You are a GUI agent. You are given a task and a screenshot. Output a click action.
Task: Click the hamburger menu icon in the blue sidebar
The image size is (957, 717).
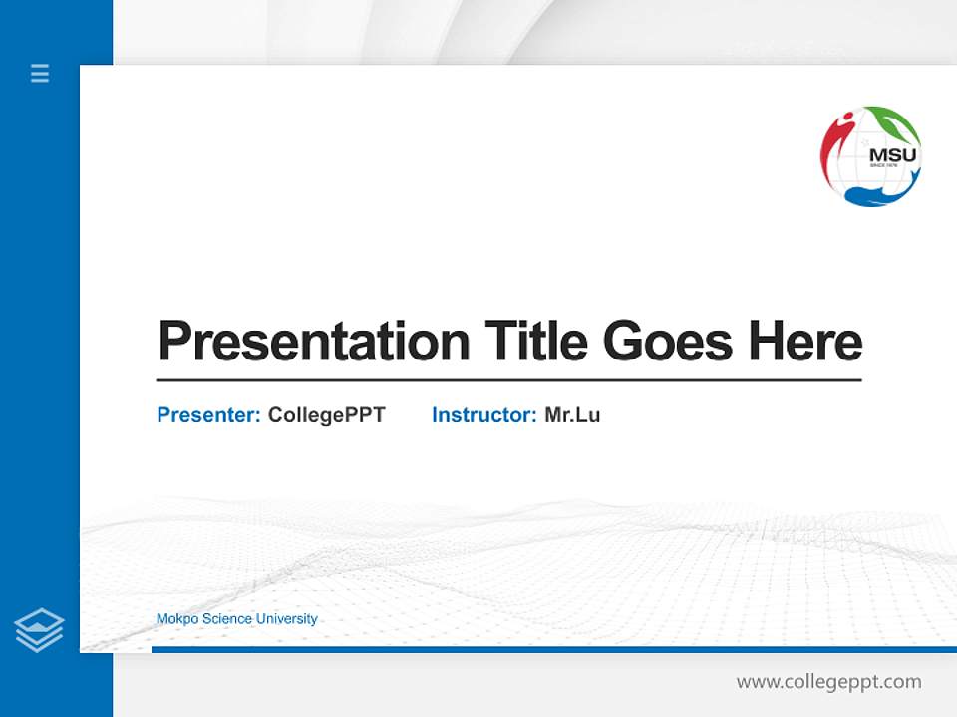40,73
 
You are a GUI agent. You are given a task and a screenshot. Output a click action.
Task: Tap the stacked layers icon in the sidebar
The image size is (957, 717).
39,630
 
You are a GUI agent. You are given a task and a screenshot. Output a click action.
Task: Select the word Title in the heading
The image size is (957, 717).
535,342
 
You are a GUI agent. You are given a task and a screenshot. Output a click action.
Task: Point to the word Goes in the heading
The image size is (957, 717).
669,342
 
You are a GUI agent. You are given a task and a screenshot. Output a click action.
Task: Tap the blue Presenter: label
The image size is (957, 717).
208,415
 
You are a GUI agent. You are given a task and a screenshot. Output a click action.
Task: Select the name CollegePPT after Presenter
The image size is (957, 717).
326,415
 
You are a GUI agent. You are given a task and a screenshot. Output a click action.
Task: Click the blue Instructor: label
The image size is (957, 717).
483,415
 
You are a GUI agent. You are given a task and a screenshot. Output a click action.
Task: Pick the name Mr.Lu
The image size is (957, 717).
572,415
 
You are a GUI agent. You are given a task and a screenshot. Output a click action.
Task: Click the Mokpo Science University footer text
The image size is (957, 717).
236,619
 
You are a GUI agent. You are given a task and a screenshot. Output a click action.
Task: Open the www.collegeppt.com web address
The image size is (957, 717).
828,682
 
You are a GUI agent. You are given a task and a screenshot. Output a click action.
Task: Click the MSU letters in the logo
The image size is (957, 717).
892,155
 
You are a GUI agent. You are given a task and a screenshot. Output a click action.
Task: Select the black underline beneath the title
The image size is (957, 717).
508,380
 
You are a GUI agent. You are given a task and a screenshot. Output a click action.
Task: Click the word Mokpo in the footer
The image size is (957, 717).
177,619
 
